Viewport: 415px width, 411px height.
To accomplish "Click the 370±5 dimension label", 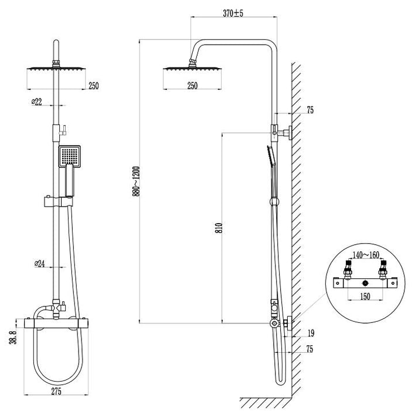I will (234, 13).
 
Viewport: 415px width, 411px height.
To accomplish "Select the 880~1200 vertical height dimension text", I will (136, 181).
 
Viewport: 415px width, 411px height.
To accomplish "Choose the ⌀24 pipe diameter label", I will (38, 264).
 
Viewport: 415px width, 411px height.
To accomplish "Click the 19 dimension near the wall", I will (311, 333).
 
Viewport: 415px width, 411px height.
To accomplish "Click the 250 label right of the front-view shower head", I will (93, 86).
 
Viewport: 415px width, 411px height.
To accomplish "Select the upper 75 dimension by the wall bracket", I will (311, 110).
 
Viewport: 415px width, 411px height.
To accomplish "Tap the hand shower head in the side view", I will (270, 156).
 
